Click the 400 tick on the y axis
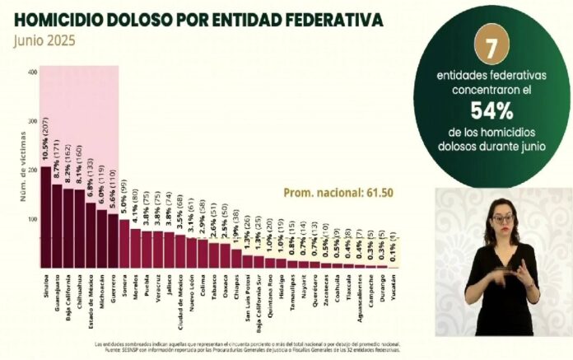32,72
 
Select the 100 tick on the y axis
32,219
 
